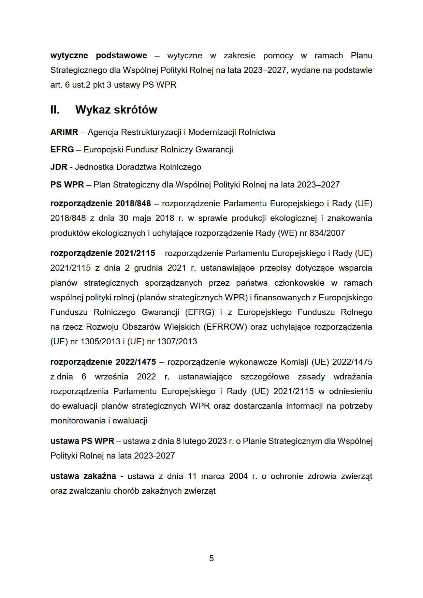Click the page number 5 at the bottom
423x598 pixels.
tap(211, 558)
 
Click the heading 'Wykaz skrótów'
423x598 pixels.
tap(116, 110)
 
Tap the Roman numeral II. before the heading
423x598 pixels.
tap(55, 110)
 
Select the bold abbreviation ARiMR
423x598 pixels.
tap(64, 132)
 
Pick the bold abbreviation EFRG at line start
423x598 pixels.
tap(62, 150)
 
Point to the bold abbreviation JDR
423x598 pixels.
tap(59, 167)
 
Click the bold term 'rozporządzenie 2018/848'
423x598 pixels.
tap(100, 204)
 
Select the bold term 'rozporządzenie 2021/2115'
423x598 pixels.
tap(102, 253)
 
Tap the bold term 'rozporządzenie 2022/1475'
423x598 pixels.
tap(103, 362)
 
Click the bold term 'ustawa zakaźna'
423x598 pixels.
tap(83, 476)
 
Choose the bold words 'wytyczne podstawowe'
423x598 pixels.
tap(99, 56)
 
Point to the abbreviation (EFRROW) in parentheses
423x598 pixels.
tap(225, 327)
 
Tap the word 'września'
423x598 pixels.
tap(112, 377)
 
